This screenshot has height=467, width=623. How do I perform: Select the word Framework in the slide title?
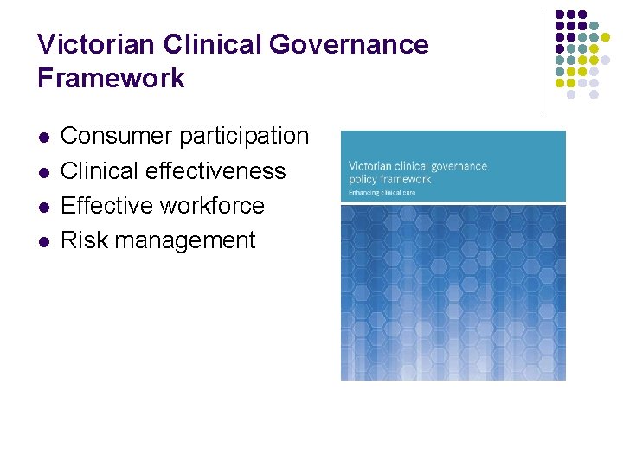click(x=111, y=78)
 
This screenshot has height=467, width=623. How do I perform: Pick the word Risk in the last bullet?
click(x=81, y=240)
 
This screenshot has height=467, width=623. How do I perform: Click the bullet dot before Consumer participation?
click(x=42, y=138)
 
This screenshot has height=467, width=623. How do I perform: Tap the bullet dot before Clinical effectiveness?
click(x=42, y=172)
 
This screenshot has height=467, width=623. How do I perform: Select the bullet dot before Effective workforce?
click(x=42, y=207)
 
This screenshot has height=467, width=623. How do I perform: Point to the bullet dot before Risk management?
click(x=42, y=241)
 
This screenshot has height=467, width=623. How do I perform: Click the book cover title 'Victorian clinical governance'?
click(x=417, y=166)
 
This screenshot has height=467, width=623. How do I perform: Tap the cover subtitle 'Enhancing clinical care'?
click(x=382, y=192)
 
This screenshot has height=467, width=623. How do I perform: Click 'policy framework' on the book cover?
click(x=389, y=179)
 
